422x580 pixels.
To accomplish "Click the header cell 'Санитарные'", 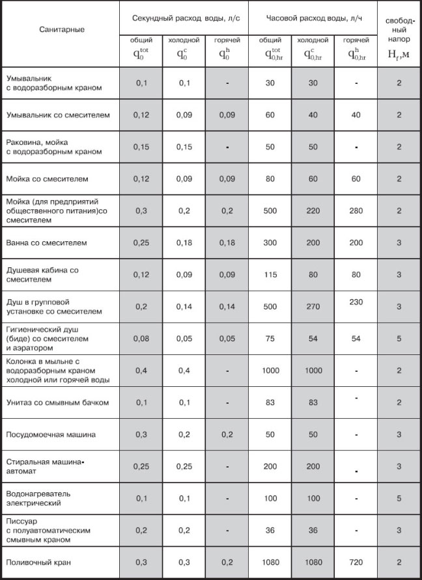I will point(61,29).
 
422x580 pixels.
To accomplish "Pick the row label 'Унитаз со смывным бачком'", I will point(57,402).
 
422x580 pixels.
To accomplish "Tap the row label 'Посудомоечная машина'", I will point(51,434).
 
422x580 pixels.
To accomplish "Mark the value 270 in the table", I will point(312,307).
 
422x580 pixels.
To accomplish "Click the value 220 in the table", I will point(312,211).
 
